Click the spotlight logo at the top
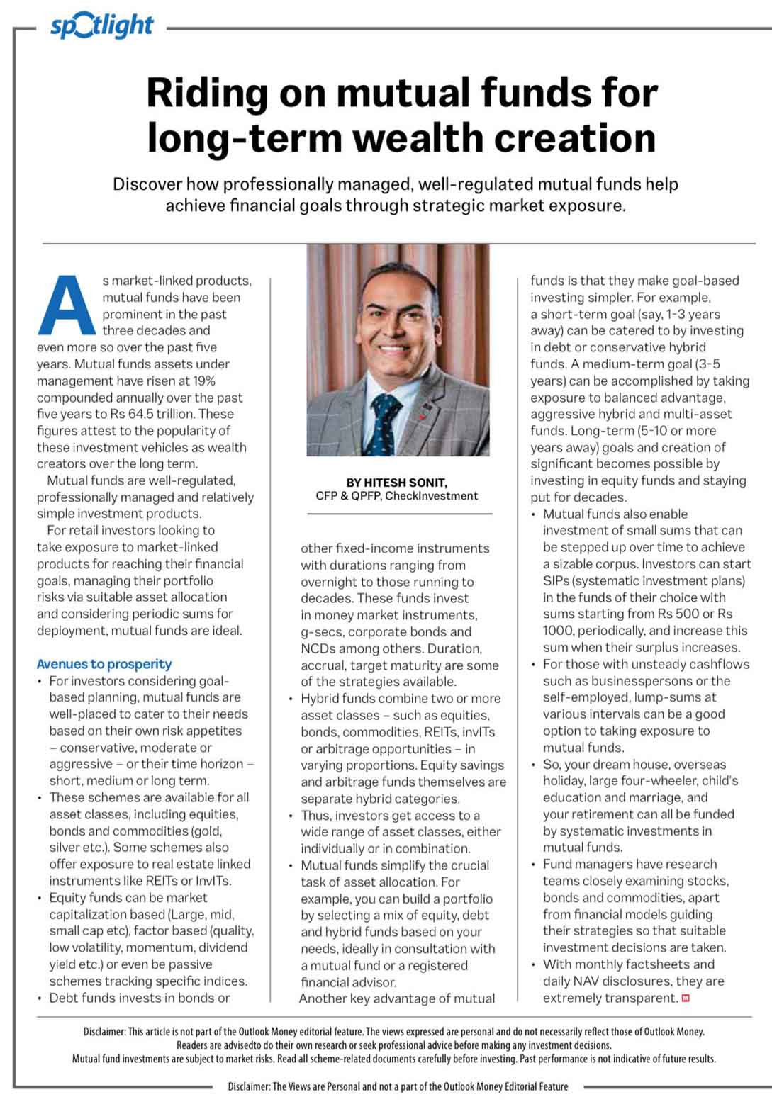(x=101, y=26)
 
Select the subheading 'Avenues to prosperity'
(x=104, y=664)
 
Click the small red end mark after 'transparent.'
(x=686, y=998)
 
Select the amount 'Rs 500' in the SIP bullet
(x=693, y=614)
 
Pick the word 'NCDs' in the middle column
(x=318, y=648)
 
